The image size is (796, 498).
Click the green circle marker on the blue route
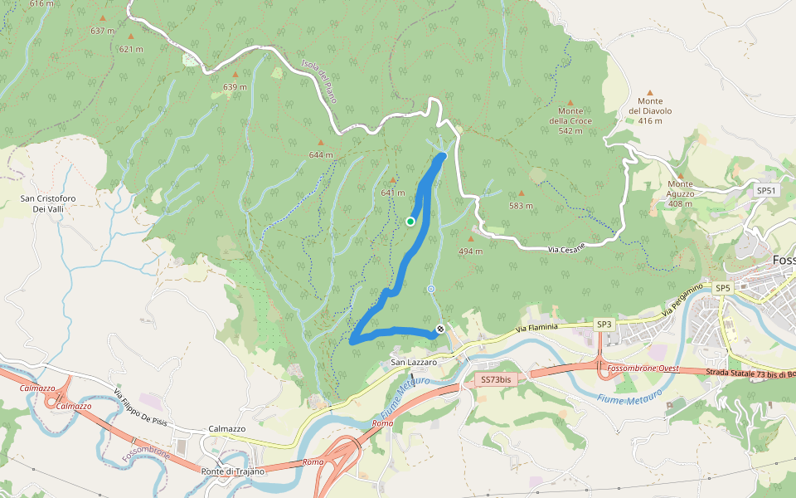(410, 222)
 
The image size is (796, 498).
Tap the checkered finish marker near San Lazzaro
(439, 329)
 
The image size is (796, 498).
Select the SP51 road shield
(766, 190)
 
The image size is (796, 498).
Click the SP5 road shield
(723, 288)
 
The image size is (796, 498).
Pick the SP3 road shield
(604, 324)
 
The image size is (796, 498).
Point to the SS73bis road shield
(498, 379)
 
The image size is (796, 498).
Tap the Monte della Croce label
(570, 120)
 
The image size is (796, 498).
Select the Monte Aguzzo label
(680, 193)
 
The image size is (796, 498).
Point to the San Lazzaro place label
(414, 363)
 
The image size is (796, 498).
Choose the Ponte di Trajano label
(233, 471)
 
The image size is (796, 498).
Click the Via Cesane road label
(566, 248)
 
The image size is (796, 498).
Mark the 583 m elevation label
(521, 205)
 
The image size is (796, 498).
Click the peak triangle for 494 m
(471, 238)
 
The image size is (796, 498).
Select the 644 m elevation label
(320, 154)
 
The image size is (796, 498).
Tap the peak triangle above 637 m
(103, 17)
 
